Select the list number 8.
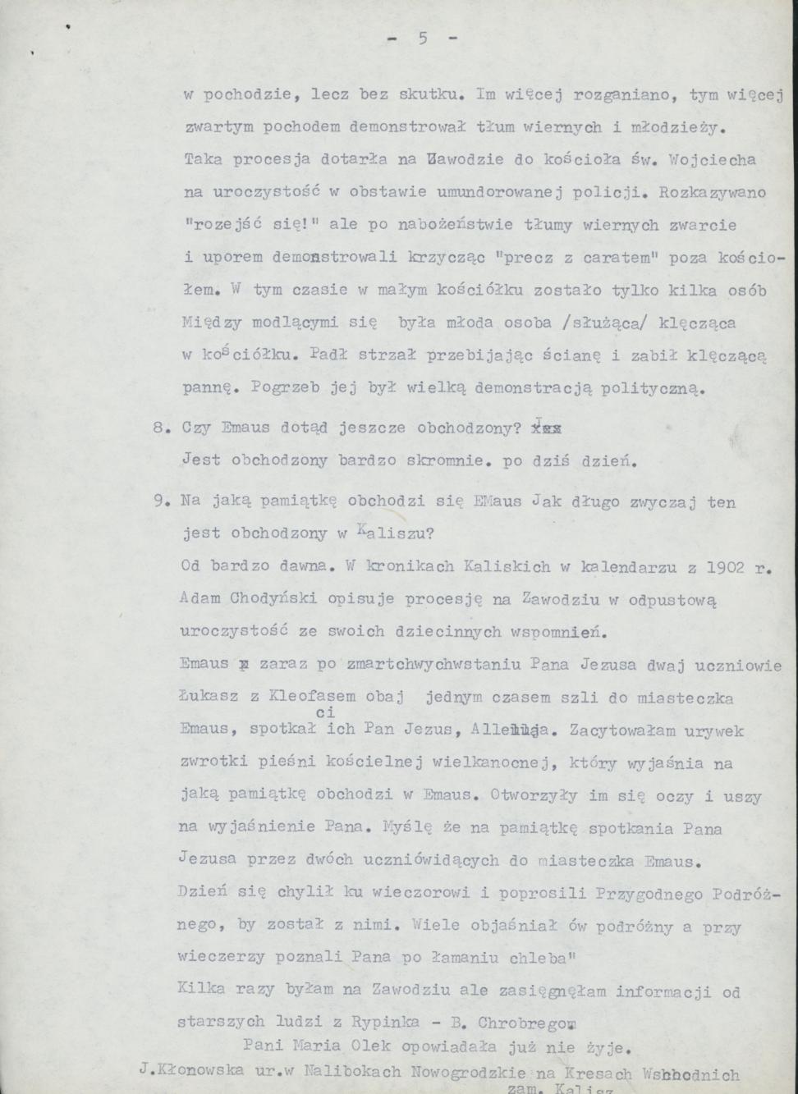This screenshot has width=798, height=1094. [161, 428]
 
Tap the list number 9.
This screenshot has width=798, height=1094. [161, 501]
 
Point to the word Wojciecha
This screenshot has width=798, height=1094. [711, 159]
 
